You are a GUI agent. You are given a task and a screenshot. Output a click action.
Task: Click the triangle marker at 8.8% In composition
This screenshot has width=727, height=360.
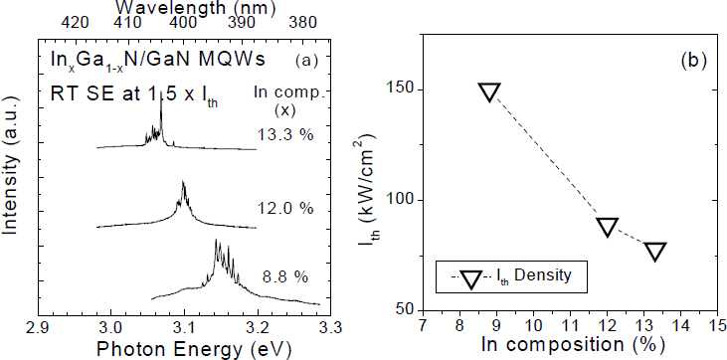pyautogui.click(x=488, y=92)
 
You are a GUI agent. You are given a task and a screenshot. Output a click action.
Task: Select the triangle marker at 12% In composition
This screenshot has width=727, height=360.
pyautogui.click(x=608, y=227)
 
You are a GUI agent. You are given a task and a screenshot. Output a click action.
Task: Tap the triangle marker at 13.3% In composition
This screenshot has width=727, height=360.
pyautogui.click(x=655, y=251)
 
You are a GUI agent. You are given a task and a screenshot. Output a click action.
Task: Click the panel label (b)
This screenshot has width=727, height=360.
pyautogui.click(x=692, y=61)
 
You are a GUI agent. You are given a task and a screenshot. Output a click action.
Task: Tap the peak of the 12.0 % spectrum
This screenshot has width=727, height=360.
pyautogui.click(x=184, y=182)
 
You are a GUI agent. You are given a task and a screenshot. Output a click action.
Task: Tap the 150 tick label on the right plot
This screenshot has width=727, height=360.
pyautogui.click(x=401, y=90)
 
